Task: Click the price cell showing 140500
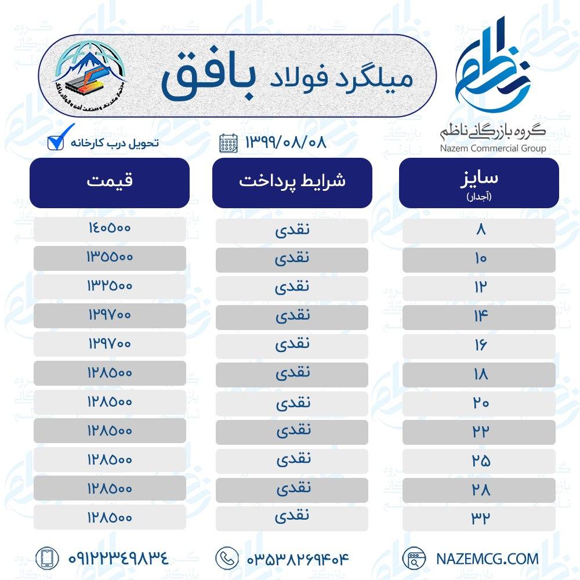pos(110,229)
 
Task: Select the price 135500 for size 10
pos(110,258)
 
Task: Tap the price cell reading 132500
pos(110,286)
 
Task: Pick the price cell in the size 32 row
pos(110,516)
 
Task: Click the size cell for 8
pos(479,230)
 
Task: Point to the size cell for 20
pos(479,403)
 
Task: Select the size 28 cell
pos(479,490)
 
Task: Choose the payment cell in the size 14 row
pos(292,316)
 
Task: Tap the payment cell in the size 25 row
pos(292,460)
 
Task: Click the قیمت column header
pos(110,182)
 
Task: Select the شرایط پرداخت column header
pos(292,182)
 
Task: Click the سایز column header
pos(479,182)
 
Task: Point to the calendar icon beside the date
pos(228,143)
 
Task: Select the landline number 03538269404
pos(299,559)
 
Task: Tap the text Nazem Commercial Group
pos(492,148)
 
